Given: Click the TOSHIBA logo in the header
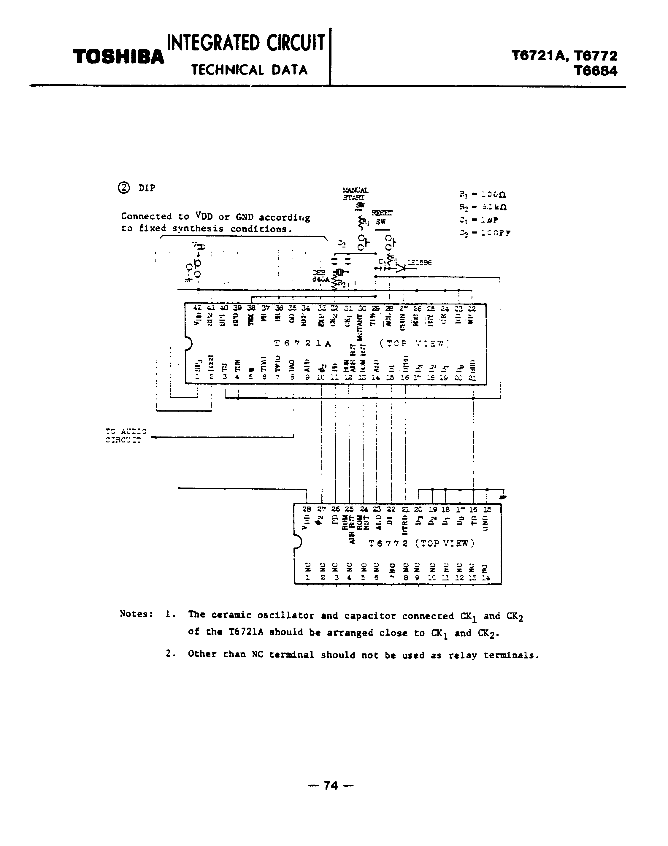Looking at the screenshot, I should pos(118,57).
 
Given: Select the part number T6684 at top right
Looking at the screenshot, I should pos(595,71).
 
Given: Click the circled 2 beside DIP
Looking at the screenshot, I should pos(123,188).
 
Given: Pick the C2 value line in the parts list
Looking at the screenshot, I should pos(485,233).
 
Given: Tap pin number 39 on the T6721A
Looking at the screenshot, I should pos(237,308).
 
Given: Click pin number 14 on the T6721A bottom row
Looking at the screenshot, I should pos(376,378).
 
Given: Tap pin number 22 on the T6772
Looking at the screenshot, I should pos(391,509).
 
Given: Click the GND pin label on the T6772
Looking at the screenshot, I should pos(486,524).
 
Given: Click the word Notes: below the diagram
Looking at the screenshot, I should pos(137,614).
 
